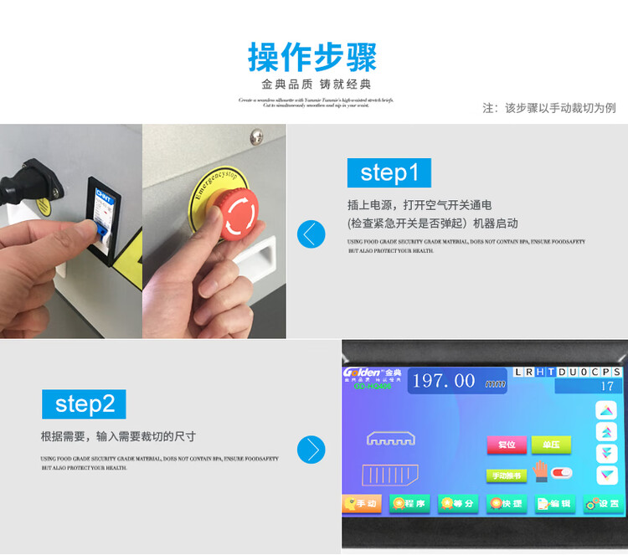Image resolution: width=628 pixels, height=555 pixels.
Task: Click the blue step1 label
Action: (x=389, y=172)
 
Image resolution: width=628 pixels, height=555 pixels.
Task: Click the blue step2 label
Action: (x=84, y=404)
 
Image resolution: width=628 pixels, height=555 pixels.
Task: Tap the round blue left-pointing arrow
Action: (x=311, y=234)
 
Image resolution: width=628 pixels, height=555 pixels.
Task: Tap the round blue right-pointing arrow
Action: (x=311, y=450)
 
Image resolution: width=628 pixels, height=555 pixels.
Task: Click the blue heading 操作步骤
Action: (x=313, y=57)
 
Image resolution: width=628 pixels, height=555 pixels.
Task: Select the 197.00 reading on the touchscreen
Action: (x=444, y=381)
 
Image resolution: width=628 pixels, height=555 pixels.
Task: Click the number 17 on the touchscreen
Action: (x=607, y=387)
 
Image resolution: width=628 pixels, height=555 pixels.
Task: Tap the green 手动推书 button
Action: (x=507, y=475)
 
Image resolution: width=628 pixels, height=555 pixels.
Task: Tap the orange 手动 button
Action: (x=361, y=503)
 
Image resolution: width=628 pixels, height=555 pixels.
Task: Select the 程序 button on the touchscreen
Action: (x=409, y=503)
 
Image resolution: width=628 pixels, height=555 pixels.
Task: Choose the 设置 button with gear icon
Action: (x=603, y=504)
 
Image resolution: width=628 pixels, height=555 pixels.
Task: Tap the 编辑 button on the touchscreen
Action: (x=554, y=504)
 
